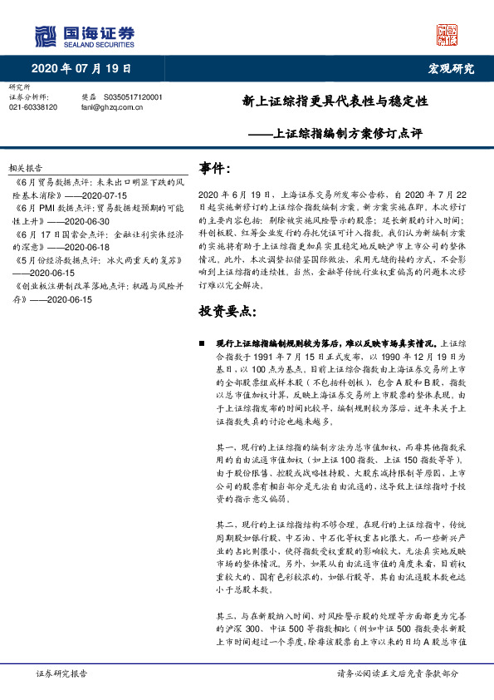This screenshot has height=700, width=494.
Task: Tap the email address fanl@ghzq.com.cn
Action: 117,107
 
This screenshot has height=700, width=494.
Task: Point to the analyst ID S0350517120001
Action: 134,97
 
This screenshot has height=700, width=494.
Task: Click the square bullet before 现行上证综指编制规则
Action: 202,343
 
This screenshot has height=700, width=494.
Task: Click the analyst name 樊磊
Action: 89,97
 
